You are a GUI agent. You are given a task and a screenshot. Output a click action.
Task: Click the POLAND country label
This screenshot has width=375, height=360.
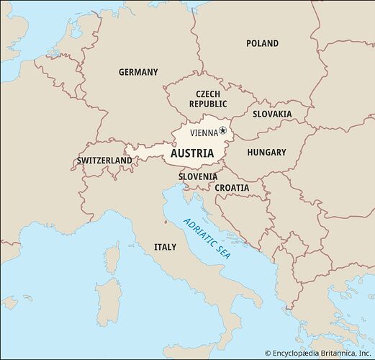(262, 43)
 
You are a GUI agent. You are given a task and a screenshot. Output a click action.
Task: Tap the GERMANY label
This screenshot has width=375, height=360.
(138, 72)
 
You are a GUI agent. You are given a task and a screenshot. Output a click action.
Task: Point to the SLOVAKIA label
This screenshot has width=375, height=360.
(272, 114)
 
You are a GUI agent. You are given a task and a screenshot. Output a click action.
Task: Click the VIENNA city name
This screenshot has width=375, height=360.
(204, 132)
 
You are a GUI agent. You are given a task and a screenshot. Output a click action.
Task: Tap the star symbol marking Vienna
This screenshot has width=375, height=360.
(223, 130)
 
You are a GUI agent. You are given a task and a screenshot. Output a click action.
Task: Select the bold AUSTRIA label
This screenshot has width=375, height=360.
(191, 153)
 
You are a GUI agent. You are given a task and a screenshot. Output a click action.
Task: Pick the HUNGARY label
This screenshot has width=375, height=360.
(266, 153)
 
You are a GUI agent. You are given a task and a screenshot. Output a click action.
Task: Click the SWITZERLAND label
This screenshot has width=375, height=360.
(104, 160)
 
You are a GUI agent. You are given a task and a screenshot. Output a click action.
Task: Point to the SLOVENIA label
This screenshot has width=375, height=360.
(198, 176)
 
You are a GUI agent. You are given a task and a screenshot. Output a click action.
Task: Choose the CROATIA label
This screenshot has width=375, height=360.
(232, 188)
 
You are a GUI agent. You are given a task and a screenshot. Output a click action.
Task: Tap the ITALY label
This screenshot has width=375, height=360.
(165, 247)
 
